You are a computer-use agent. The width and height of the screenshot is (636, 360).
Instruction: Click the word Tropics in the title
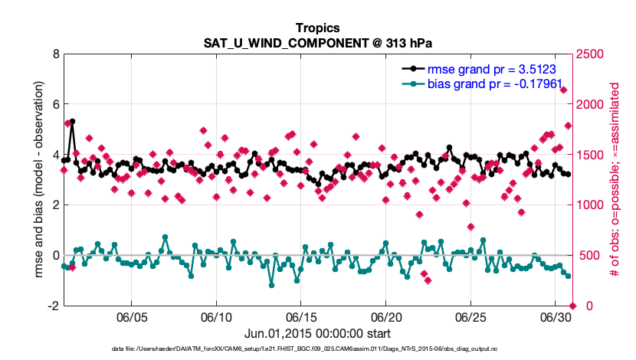click(x=317, y=28)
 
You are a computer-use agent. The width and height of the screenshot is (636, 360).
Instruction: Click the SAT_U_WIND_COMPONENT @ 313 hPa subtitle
click(x=317, y=41)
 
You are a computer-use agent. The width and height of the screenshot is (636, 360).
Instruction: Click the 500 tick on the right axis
click(x=585, y=255)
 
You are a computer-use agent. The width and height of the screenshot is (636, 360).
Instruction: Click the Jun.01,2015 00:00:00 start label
click(x=317, y=333)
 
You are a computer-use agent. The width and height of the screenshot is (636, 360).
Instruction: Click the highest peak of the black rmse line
click(x=73, y=121)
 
